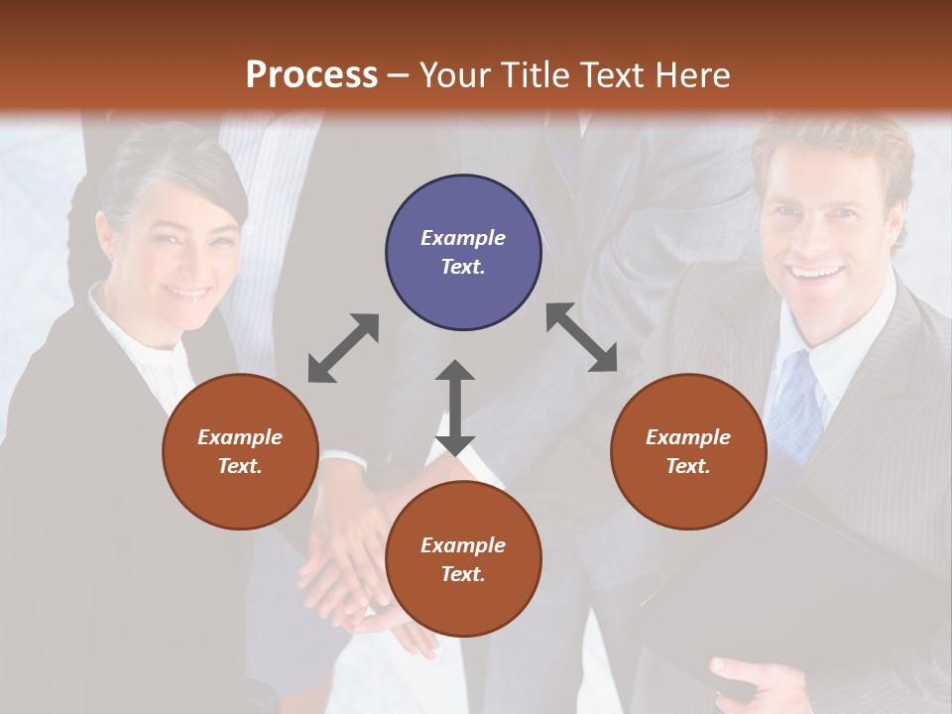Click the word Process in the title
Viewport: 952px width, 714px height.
[x=311, y=75]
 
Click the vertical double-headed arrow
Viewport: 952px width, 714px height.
[x=455, y=408]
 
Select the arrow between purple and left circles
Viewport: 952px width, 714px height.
[x=343, y=348]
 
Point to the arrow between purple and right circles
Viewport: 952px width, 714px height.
[x=582, y=338]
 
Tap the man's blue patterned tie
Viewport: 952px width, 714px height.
[x=798, y=407]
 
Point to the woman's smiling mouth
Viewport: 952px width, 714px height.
[x=186, y=292]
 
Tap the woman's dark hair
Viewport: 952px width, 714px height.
[x=169, y=169]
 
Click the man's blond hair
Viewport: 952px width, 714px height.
[x=833, y=149]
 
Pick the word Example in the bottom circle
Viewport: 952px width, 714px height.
[x=463, y=544]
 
